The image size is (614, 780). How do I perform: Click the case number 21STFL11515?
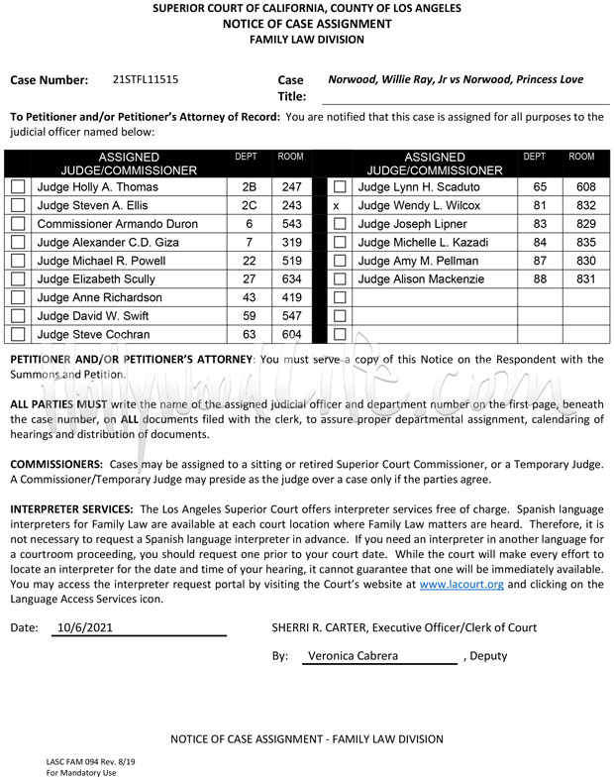(146, 79)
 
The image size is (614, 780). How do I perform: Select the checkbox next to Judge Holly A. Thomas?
(18, 186)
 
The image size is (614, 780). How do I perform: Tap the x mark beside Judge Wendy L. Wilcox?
(337, 205)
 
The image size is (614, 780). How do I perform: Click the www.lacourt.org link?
(461, 585)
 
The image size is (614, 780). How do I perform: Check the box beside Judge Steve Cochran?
(18, 335)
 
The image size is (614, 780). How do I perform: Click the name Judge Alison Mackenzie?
(421, 279)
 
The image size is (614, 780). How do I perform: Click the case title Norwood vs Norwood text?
(455, 79)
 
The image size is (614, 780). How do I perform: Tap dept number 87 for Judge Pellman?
(540, 261)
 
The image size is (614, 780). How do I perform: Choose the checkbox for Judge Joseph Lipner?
(340, 224)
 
